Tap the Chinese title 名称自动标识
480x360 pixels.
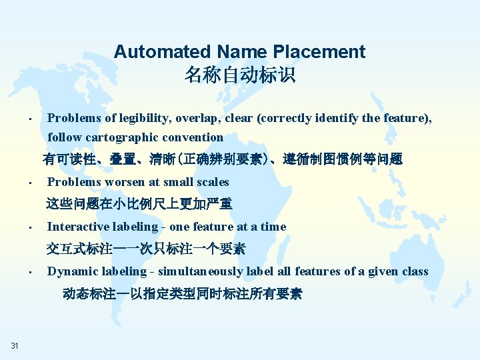[240, 75]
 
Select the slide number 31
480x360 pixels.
[15, 345]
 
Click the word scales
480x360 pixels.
[212, 182]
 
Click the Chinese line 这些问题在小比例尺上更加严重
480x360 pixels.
[139, 204]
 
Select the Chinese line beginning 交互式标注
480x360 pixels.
[146, 249]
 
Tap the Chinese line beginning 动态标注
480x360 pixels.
[182, 293]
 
